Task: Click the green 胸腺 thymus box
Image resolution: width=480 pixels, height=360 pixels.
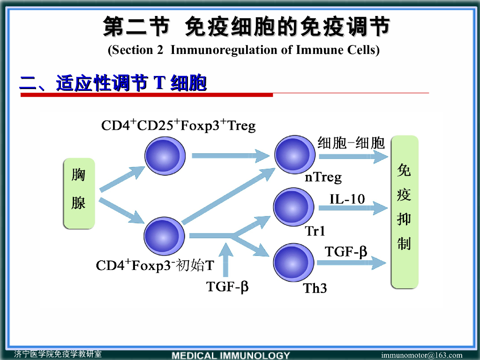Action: pyautogui.click(x=79, y=193)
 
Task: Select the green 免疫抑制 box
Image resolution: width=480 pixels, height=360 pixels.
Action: pyautogui.click(x=405, y=211)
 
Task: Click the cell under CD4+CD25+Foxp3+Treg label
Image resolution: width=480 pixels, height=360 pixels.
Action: pyautogui.click(x=165, y=155)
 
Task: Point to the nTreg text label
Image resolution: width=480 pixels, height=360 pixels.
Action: pyautogui.click(x=323, y=177)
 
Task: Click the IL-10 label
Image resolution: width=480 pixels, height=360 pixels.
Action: pyautogui.click(x=347, y=199)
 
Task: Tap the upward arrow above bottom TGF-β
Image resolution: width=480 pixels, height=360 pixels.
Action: pyautogui.click(x=227, y=260)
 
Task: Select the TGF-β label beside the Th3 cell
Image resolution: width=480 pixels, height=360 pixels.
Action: pyautogui.click(x=346, y=252)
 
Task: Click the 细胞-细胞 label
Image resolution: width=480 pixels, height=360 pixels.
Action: pyautogui.click(x=351, y=142)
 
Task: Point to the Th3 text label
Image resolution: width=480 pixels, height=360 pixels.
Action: pyautogui.click(x=315, y=288)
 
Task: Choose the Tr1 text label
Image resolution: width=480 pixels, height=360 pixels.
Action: pyautogui.click(x=315, y=231)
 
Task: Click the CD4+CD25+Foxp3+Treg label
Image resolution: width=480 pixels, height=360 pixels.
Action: pyautogui.click(x=179, y=126)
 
